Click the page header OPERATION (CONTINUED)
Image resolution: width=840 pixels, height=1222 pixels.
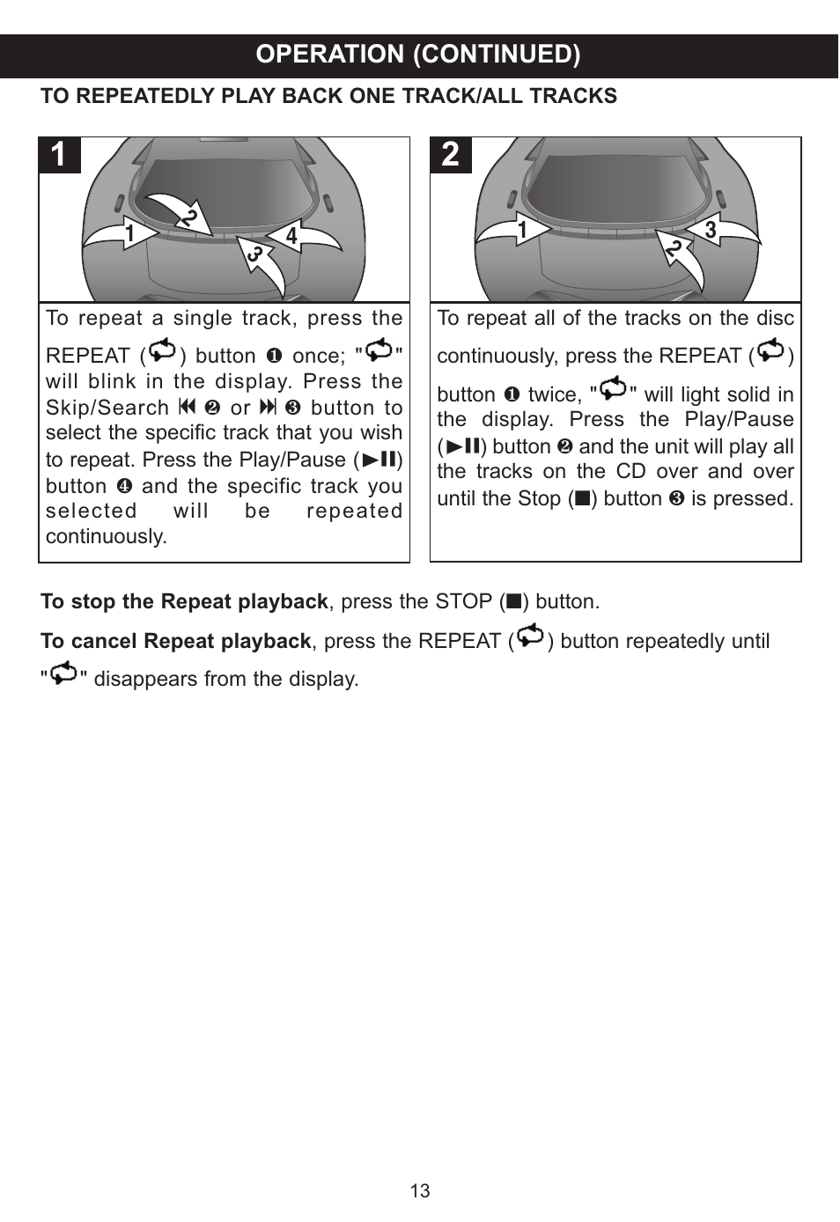pos(418,55)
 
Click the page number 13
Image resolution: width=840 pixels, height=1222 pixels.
pos(420,1191)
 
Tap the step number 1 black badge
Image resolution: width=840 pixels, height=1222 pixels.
pos(59,155)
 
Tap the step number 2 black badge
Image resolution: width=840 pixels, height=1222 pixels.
pos(451,155)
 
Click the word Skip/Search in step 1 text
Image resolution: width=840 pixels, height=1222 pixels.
pos(107,409)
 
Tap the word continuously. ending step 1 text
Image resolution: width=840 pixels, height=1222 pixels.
pos(106,537)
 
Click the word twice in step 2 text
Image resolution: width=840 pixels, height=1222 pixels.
pos(554,395)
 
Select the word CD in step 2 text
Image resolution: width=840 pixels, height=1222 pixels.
pos(630,472)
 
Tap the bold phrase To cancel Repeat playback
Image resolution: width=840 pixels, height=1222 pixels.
pos(175,642)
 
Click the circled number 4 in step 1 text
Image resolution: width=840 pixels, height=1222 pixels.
pos(124,487)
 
